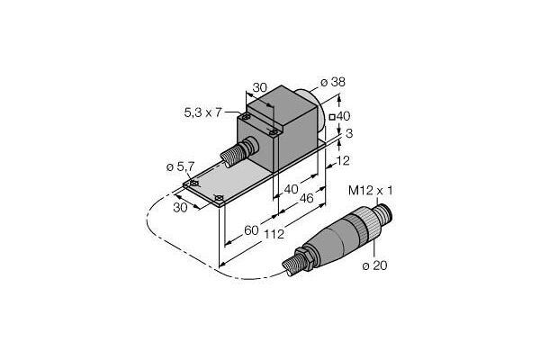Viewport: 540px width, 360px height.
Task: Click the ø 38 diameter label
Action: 332,82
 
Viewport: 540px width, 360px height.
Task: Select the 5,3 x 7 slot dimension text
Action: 202,112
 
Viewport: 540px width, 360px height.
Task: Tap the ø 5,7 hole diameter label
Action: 180,167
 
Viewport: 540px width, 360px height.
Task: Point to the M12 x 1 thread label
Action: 370,191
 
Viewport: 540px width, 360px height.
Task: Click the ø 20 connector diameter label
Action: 374,265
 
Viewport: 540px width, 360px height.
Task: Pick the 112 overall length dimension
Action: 274,234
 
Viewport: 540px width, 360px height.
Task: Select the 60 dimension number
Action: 251,230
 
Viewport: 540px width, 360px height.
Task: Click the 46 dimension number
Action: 306,198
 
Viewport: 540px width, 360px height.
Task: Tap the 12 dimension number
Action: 342,160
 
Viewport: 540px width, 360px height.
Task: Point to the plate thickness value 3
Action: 349,134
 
